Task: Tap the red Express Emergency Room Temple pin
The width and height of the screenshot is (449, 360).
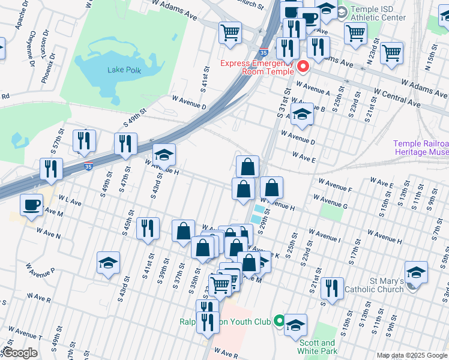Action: pos(303,67)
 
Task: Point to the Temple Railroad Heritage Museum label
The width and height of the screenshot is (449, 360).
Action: pos(421,148)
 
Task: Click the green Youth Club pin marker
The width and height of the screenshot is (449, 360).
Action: pos(279,321)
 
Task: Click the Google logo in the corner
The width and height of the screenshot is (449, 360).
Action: pos(19,353)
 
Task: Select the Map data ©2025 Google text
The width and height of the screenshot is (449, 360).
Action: pos(411,355)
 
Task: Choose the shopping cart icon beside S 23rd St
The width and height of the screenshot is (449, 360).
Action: pos(391,52)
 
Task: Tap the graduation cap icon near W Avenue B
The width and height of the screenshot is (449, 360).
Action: pos(301,114)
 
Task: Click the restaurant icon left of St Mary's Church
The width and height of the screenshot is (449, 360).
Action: pos(331,288)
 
